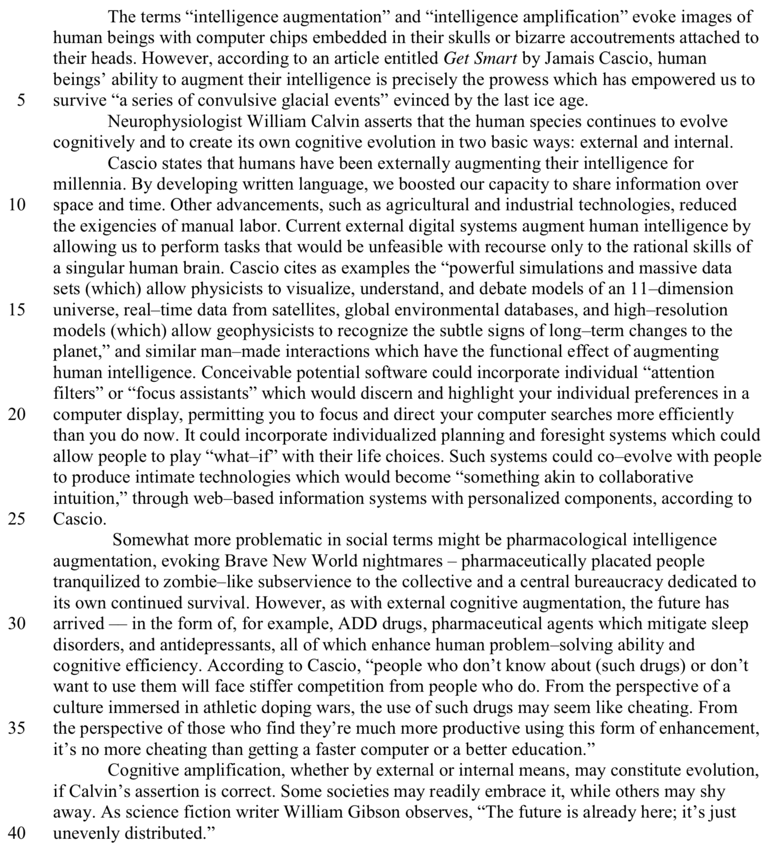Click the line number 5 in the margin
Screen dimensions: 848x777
click(x=21, y=101)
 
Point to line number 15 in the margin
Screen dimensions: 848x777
click(x=17, y=310)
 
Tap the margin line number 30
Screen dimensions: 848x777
click(x=17, y=624)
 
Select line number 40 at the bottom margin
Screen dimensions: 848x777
click(x=17, y=833)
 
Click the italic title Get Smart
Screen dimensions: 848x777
click(x=480, y=59)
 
